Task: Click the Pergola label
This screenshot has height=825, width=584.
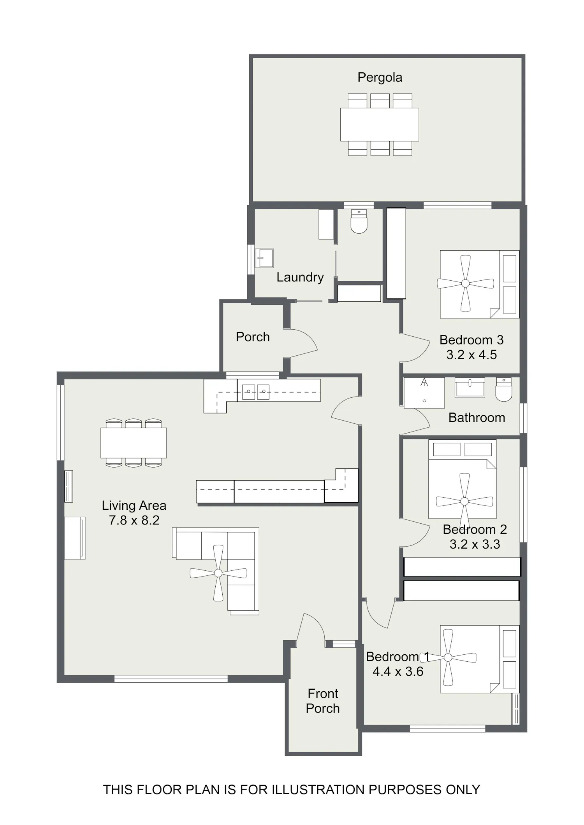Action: point(380,77)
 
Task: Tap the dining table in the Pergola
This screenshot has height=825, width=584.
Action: point(380,124)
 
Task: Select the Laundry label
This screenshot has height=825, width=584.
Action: point(300,277)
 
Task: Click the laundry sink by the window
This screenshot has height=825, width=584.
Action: point(264,258)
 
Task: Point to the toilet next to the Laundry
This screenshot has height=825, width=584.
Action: point(359,222)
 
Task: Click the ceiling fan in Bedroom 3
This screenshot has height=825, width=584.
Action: point(465,283)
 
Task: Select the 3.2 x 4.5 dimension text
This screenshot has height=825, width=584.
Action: point(471,355)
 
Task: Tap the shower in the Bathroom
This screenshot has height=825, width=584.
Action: point(424,393)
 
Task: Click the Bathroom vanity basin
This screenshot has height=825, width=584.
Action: point(470,387)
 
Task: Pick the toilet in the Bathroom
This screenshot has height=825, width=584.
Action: point(504,390)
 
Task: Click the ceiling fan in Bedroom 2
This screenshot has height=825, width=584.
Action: point(464,502)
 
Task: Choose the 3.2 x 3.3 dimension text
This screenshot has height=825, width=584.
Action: point(475,544)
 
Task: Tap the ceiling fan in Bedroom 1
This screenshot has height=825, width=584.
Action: point(448,657)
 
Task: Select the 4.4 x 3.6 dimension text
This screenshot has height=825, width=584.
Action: point(398,671)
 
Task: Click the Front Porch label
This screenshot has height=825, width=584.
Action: point(323,701)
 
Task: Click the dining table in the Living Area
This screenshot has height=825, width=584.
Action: point(134,443)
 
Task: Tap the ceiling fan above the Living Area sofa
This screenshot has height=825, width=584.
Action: point(218,573)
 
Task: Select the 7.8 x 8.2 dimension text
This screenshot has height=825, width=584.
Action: point(134,520)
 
